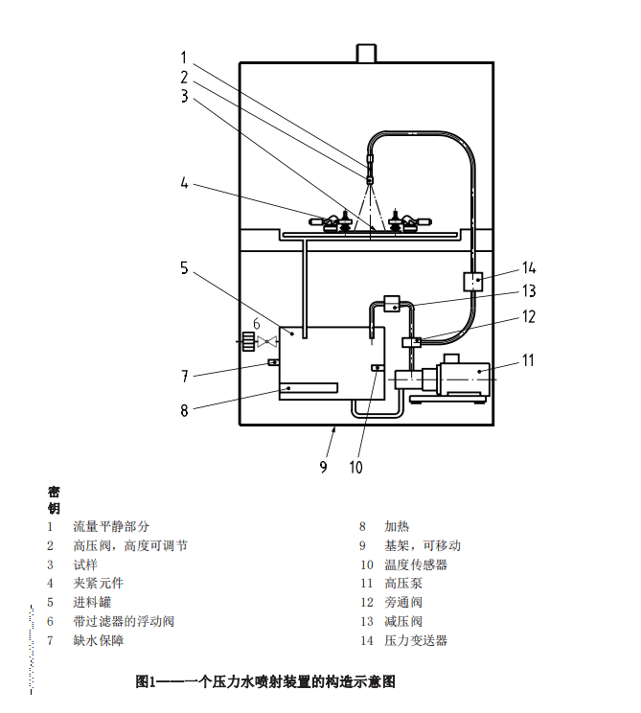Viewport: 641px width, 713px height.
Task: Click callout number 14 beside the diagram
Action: [530, 267]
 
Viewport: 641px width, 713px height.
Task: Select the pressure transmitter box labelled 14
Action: [473, 282]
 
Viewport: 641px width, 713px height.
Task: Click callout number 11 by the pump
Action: [528, 360]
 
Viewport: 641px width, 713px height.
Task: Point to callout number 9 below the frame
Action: [324, 467]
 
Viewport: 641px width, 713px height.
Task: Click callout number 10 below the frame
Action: [355, 468]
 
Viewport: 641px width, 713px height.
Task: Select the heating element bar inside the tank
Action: [309, 386]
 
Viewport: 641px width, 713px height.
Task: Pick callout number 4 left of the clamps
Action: [184, 182]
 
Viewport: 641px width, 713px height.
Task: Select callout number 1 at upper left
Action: [184, 57]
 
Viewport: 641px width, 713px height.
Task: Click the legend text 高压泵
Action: [403, 583]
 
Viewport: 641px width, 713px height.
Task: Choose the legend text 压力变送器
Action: [416, 640]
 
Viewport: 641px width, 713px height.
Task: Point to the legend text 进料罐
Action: [92, 602]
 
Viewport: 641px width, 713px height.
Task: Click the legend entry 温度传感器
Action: [416, 564]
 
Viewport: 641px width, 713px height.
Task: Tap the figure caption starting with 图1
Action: [265, 682]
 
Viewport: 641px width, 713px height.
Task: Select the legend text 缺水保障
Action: [99, 640]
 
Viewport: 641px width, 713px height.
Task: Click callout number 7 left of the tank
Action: [184, 376]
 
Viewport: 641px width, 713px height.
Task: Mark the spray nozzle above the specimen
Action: [369, 176]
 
